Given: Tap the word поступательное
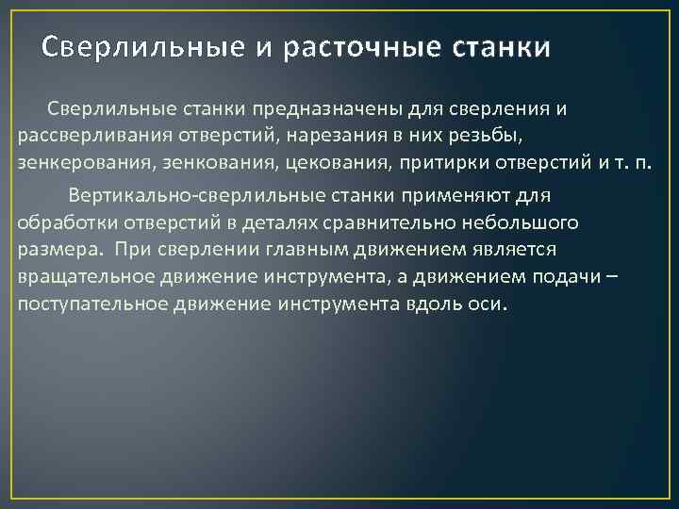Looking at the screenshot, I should [x=82, y=305].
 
